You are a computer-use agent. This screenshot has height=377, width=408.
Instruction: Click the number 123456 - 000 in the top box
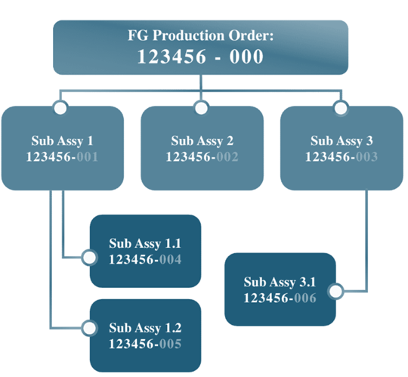[x=200, y=57]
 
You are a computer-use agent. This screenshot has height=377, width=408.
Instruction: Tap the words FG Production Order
[x=199, y=36]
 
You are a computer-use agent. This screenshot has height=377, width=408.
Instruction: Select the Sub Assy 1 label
[x=62, y=141]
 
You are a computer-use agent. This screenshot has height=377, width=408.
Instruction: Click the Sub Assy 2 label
[x=202, y=141]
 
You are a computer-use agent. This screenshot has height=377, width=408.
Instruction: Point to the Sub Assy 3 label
[x=342, y=141]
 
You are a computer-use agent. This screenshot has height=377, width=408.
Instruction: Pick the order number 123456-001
[x=62, y=157]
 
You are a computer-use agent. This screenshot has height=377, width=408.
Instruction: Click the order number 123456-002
[x=202, y=157]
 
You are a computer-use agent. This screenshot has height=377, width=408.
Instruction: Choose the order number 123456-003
[x=342, y=157]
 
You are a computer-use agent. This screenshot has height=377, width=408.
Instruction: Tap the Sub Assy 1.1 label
[x=145, y=244]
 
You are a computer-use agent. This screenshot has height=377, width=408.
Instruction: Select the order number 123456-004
[x=145, y=260]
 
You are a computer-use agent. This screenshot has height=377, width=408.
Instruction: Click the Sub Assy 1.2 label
[x=145, y=328]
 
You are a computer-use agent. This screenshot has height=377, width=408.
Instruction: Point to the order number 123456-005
[x=145, y=344]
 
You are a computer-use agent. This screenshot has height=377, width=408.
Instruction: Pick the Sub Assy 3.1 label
[x=280, y=283]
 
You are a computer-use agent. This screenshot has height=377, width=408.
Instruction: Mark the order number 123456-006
[x=280, y=298]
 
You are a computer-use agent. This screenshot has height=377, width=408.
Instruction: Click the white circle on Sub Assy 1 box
[x=60, y=108]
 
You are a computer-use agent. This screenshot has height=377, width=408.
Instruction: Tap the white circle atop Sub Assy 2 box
[x=201, y=108]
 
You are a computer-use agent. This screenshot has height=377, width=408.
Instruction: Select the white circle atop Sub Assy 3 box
[x=341, y=108]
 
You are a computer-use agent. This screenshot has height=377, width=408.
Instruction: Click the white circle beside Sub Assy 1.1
[x=89, y=258]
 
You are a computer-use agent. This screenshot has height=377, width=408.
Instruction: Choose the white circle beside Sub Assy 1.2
[x=89, y=328]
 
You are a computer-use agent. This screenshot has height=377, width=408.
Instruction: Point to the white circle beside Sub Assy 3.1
[x=336, y=291]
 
